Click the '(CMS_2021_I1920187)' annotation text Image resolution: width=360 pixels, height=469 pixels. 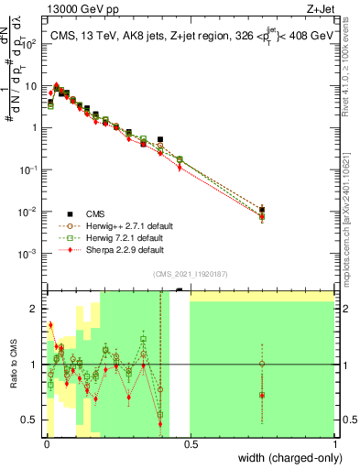click(x=191, y=273)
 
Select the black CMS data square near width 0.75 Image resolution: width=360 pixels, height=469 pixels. click(x=262, y=210)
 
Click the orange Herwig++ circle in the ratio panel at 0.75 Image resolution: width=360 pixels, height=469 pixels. click(x=262, y=364)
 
